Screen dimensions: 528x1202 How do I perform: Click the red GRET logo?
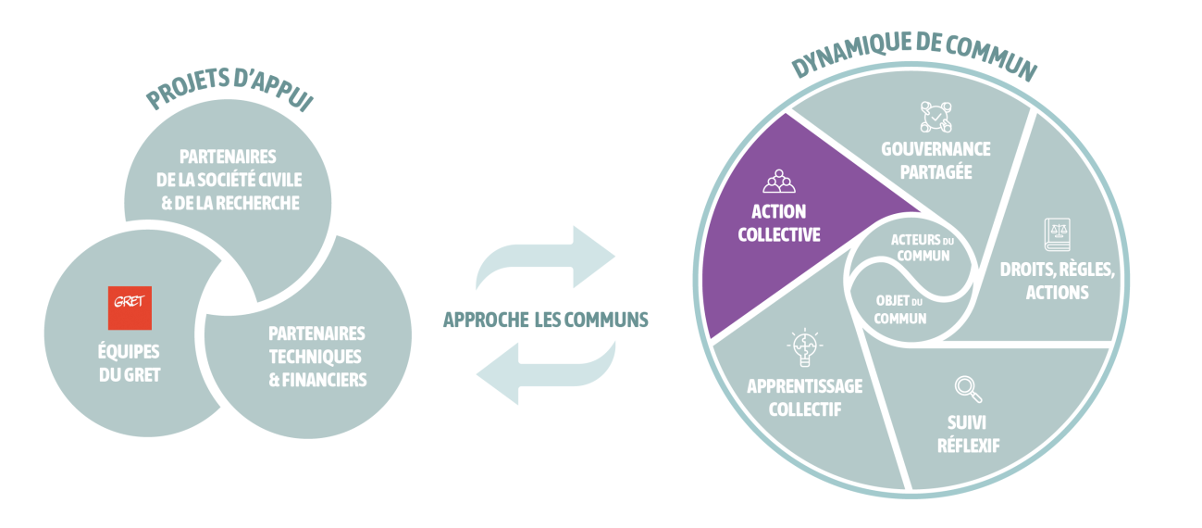click(130, 308)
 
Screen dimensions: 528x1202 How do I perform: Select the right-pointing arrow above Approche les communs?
click(545, 258)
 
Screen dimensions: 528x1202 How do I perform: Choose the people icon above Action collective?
click(778, 181)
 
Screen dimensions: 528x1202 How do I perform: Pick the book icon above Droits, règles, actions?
click(1056, 233)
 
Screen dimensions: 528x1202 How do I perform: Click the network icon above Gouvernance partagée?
click(936, 116)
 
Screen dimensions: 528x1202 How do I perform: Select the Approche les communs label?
click(545, 320)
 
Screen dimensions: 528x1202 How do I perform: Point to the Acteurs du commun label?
click(920, 247)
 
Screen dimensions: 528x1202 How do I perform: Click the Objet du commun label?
click(900, 308)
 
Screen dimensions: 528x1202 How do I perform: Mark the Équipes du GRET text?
click(129, 363)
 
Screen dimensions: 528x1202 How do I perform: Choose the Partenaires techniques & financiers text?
click(316, 356)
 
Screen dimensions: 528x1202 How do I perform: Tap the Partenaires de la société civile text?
click(229, 180)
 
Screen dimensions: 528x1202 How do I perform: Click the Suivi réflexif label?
click(967, 434)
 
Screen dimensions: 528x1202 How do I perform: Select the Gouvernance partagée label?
click(936, 160)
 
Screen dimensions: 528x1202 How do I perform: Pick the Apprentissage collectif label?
click(804, 396)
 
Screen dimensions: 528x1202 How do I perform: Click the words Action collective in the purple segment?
click(778, 222)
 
